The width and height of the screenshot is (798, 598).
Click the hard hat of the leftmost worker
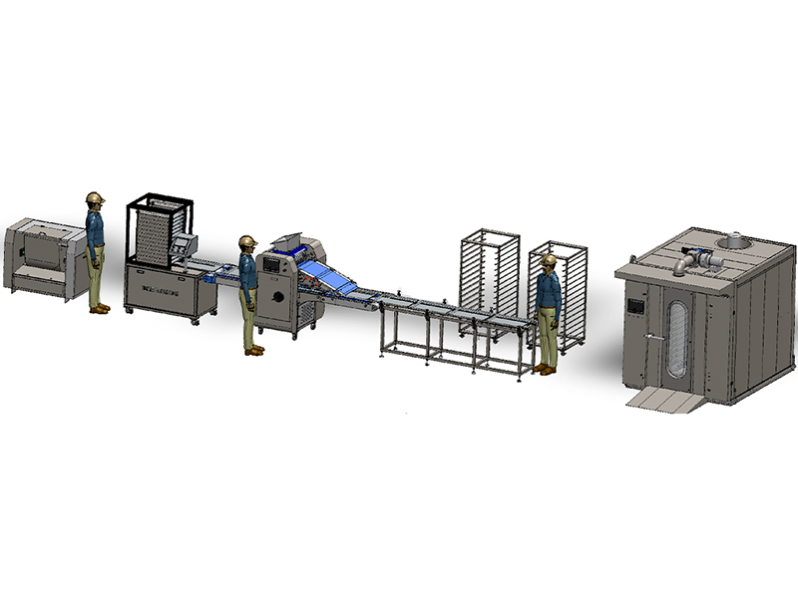click(95, 197)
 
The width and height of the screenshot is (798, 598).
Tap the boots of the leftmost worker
click(99, 309)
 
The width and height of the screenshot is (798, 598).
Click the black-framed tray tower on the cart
click(159, 231)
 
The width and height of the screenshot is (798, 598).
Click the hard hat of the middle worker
click(247, 242)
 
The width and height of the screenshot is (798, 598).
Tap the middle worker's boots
click(254, 350)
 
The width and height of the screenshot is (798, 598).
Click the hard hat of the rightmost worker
click(549, 260)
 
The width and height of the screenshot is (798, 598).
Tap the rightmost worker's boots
click(545, 370)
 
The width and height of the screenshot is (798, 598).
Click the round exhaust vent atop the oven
click(733, 241)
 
